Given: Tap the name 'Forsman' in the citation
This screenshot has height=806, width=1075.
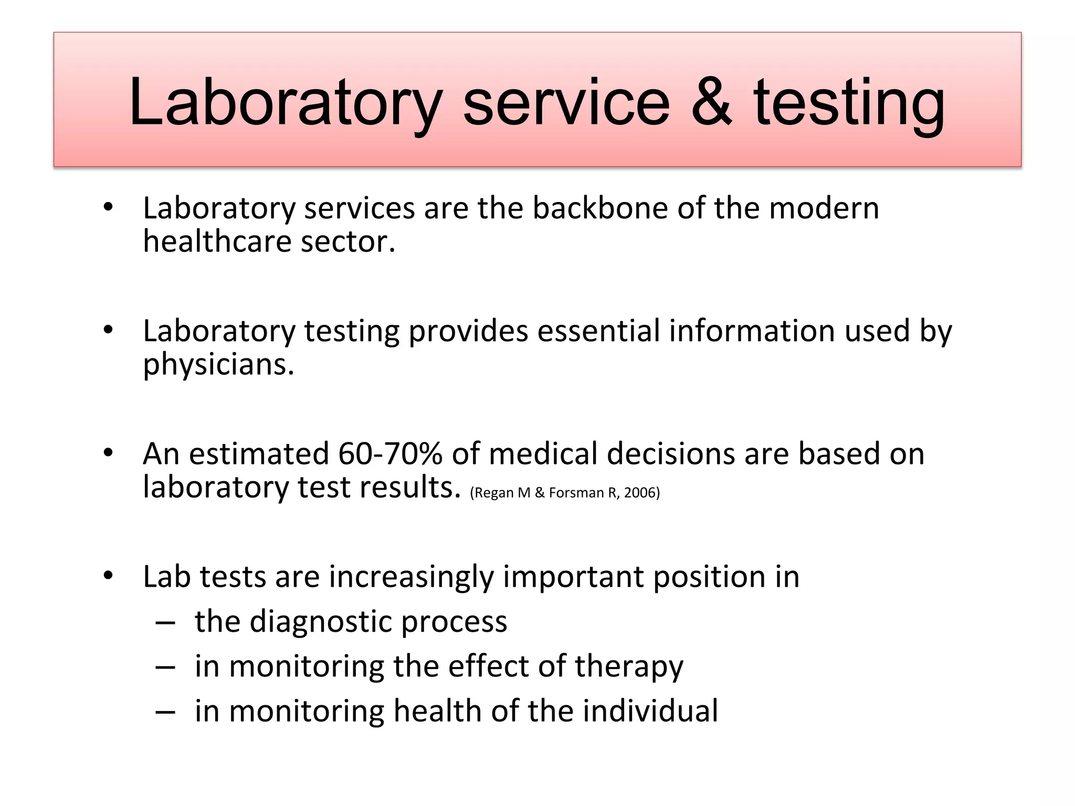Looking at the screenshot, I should point(576,493).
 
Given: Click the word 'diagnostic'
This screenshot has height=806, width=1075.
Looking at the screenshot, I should point(321,621).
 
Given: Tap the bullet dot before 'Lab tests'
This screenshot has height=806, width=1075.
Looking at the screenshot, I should point(108,576).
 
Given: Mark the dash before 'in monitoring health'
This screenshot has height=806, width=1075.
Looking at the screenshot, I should point(165,712).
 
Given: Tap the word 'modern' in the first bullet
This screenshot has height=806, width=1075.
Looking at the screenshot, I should point(824,208).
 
